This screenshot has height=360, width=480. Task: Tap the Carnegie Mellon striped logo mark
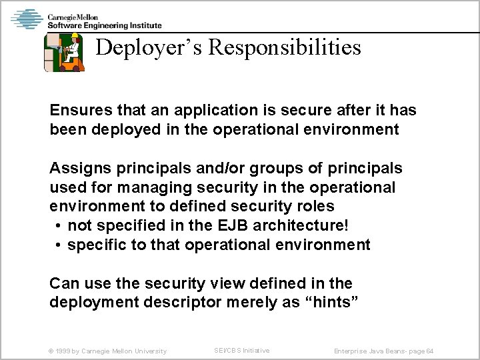pyautogui.click(x=27, y=19)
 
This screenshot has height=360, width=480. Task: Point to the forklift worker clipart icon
pyautogui.click(x=64, y=52)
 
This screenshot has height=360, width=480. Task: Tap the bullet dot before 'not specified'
pyautogui.click(x=59, y=225)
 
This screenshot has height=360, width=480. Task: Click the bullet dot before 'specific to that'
pyautogui.click(x=59, y=245)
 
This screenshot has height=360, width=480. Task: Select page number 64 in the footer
pyautogui.click(x=431, y=351)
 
